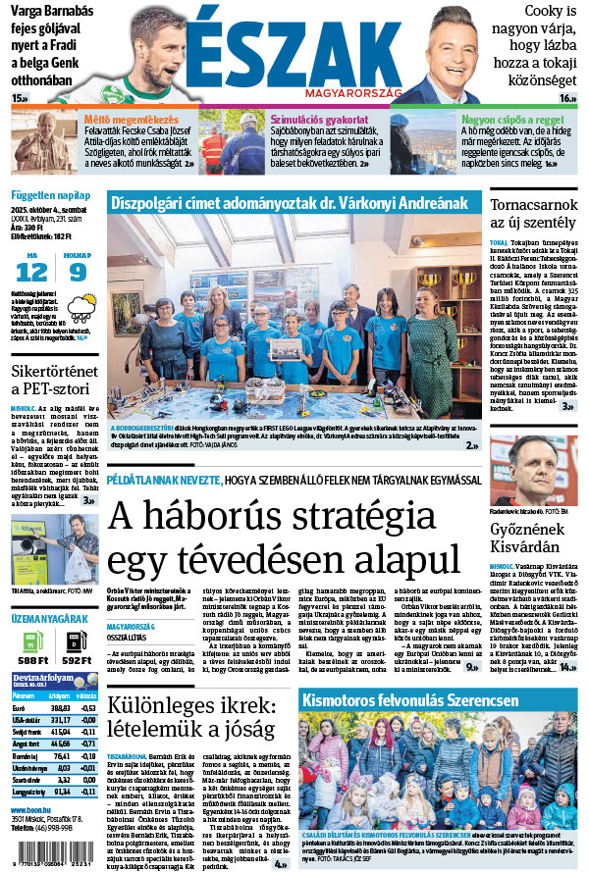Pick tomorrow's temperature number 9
click(77, 272)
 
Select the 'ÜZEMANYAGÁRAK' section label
click(47, 620)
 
